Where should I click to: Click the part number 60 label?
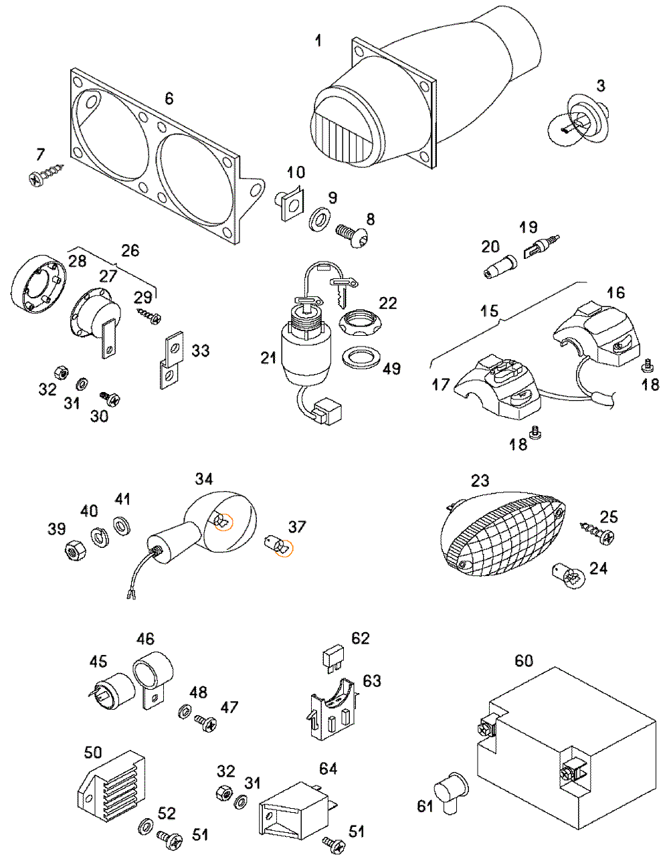524,660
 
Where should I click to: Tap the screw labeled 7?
45,175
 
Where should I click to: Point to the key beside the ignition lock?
344,292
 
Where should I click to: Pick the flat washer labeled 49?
361,358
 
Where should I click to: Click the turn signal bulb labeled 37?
278,547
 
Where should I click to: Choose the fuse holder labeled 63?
332,712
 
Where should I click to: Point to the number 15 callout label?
489,310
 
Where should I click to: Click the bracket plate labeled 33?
171,360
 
